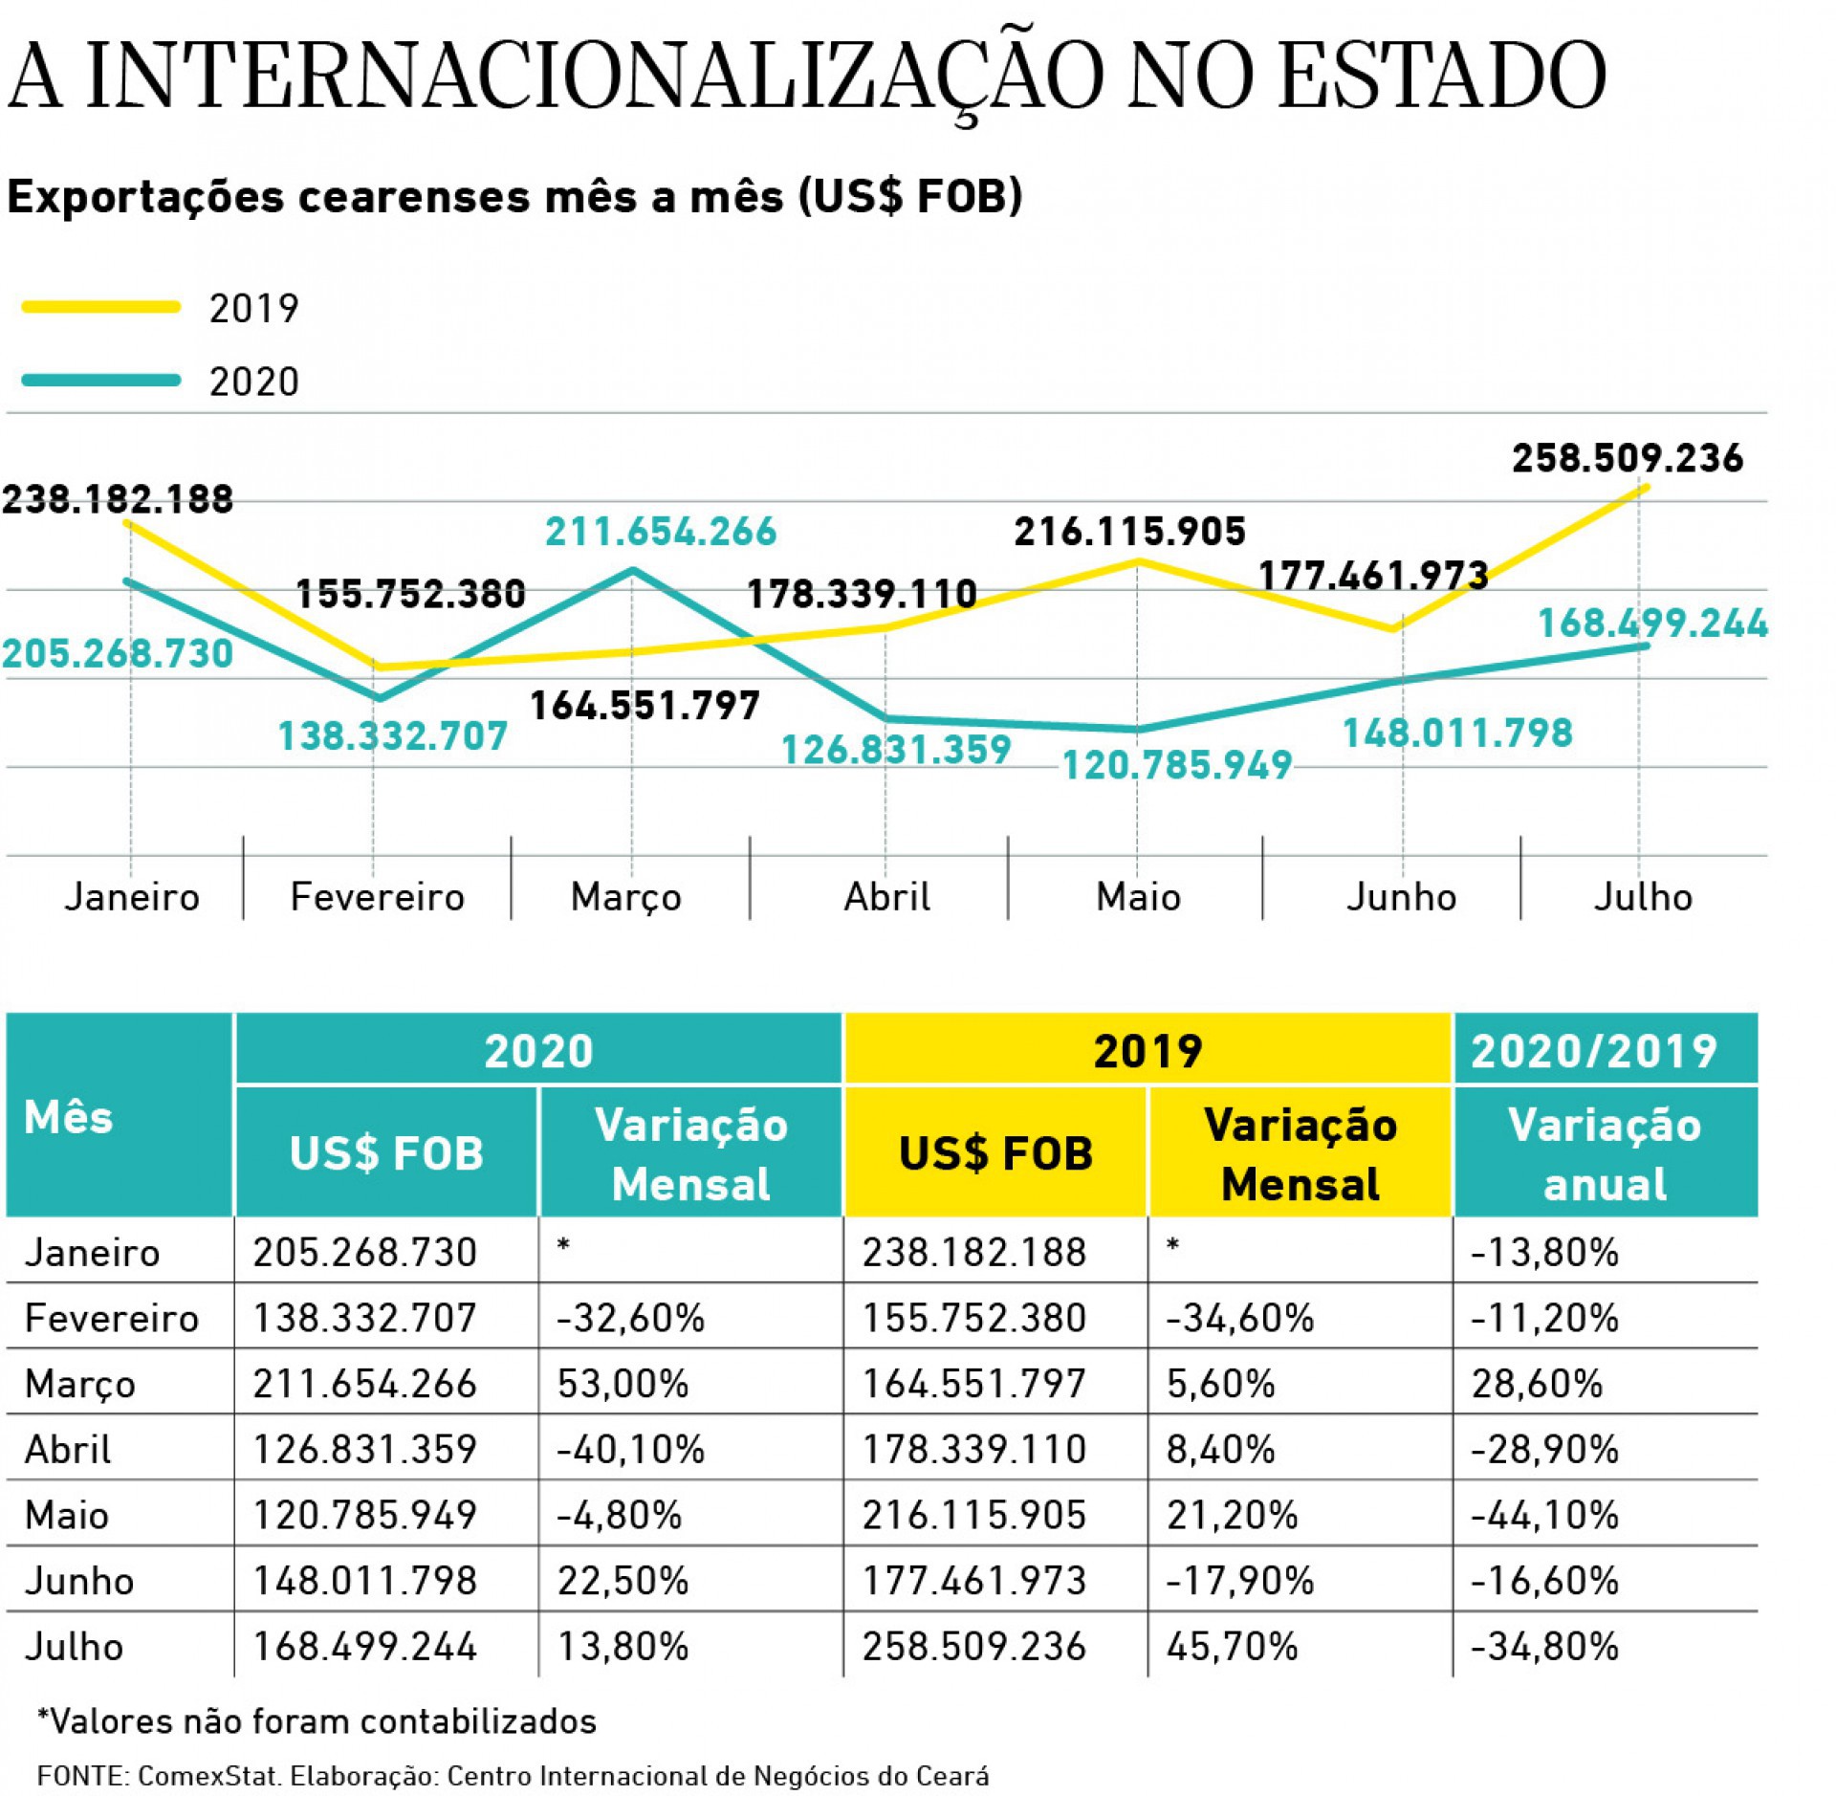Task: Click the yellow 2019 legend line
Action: pyautogui.click(x=100, y=307)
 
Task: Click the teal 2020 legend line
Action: pyautogui.click(x=100, y=380)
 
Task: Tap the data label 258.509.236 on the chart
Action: pyautogui.click(x=1627, y=459)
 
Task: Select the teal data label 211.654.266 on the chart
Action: pyautogui.click(x=661, y=532)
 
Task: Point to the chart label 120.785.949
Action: pyautogui.click(x=1177, y=765)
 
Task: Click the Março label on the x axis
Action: pyautogui.click(x=626, y=897)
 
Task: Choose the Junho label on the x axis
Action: pyautogui.click(x=1401, y=897)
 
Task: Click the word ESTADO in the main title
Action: pyautogui.click(x=1441, y=77)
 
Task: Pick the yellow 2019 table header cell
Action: pyautogui.click(x=1147, y=1050)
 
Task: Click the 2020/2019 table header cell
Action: pyautogui.click(x=1605, y=1050)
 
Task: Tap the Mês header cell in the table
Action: pyautogui.click(x=69, y=1116)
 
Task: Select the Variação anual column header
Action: pyautogui.click(x=1605, y=1153)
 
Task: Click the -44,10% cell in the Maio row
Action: pyautogui.click(x=1544, y=1515)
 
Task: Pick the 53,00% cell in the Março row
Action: pyautogui.click(x=623, y=1384)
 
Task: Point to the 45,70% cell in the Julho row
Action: pyautogui.click(x=1232, y=1646)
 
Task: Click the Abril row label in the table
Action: pyautogui.click(x=68, y=1450)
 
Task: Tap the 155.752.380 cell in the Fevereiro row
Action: pyautogui.click(x=973, y=1318)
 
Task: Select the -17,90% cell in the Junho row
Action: pyautogui.click(x=1239, y=1581)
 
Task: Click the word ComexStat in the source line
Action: pyautogui.click(x=208, y=1776)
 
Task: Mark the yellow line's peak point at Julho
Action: pyautogui.click(x=1646, y=488)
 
